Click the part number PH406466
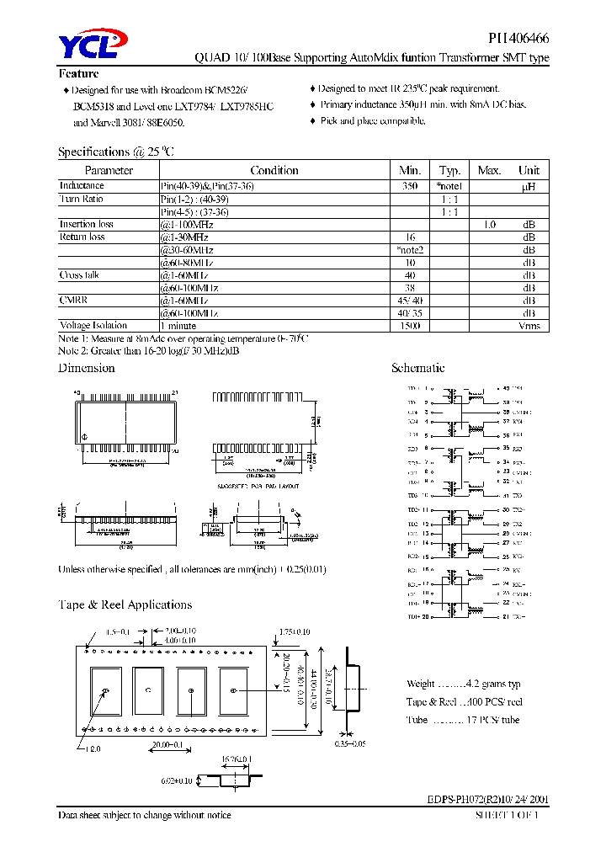pyautogui.click(x=518, y=39)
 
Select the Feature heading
pyautogui.click(x=78, y=73)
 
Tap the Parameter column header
pyautogui.click(x=109, y=170)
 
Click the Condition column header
pyautogui.click(x=274, y=170)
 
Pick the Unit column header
pyautogui.click(x=529, y=170)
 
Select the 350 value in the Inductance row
pyautogui.click(x=409, y=186)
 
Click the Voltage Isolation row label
pyautogui.click(x=93, y=325)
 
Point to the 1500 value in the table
pyautogui.click(x=409, y=325)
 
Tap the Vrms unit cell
pyautogui.click(x=529, y=325)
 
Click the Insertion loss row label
pyautogui.click(x=86, y=224)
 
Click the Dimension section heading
pyautogui.click(x=86, y=368)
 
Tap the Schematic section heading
pyautogui.click(x=417, y=368)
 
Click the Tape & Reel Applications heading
pyautogui.click(x=125, y=604)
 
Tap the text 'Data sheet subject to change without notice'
pyautogui.click(x=144, y=815)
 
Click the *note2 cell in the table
pyautogui.click(x=409, y=250)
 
